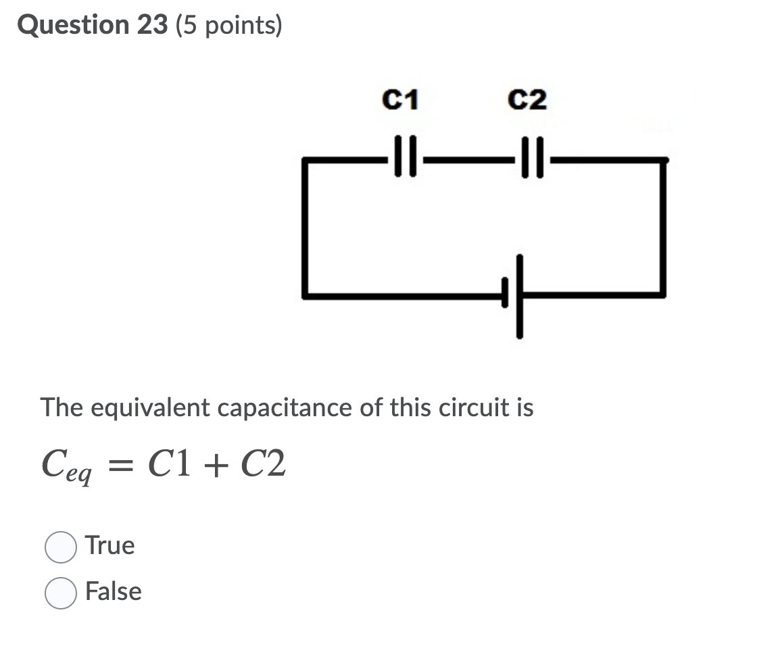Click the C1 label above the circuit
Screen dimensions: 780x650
pyautogui.click(x=400, y=101)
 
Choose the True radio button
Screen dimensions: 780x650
pyautogui.click(x=61, y=547)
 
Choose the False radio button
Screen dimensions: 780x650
pyautogui.click(x=61, y=593)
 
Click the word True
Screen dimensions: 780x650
pyautogui.click(x=110, y=546)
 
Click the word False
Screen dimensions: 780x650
pyautogui.click(x=114, y=592)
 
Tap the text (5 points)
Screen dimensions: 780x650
pyautogui.click(x=228, y=26)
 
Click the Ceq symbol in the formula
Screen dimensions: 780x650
pyautogui.click(x=66, y=467)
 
